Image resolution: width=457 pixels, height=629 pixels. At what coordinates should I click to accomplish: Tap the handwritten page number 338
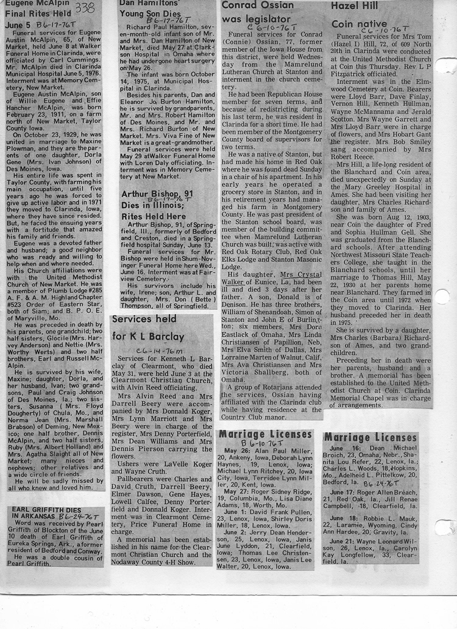point(84,8)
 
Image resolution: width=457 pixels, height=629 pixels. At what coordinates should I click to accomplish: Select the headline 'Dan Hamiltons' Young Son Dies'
point(151,11)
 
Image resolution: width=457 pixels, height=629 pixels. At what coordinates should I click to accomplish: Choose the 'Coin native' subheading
point(360,24)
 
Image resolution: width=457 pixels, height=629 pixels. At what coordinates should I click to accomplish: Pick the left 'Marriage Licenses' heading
point(265,434)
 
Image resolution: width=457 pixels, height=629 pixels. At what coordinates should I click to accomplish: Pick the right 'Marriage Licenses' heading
point(370,438)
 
